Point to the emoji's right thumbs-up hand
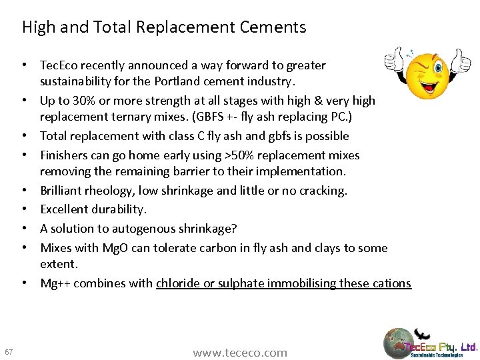pos(459,62)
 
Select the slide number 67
pos(9,351)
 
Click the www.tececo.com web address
pos(240,353)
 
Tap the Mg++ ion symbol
pos(55,283)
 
